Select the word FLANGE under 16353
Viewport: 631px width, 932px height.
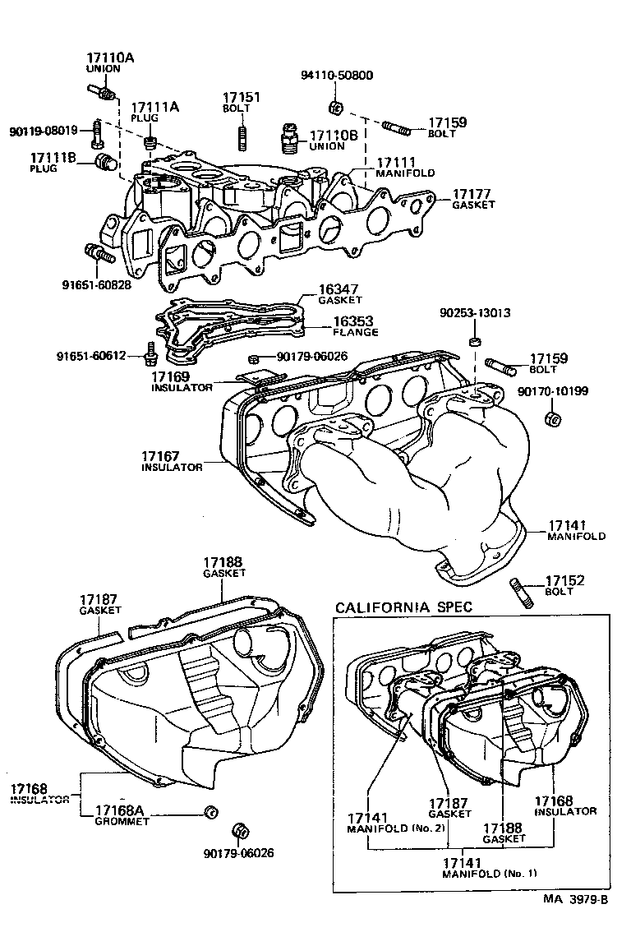pyautogui.click(x=356, y=332)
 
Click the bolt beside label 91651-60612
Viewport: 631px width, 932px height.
pyautogui.click(x=150, y=354)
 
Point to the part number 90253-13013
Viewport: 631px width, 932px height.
pyautogui.click(x=475, y=313)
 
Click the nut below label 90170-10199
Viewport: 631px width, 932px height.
pyautogui.click(x=552, y=419)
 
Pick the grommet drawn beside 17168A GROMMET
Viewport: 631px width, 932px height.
pyautogui.click(x=209, y=813)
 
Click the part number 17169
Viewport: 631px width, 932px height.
pyautogui.click(x=170, y=376)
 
